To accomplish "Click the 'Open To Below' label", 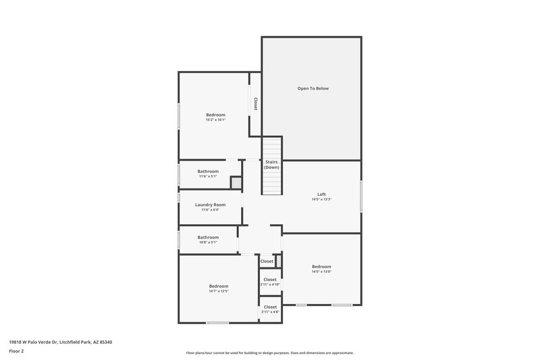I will [x=313, y=88].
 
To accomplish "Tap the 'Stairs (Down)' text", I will [x=271, y=164].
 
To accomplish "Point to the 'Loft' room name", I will [x=321, y=194].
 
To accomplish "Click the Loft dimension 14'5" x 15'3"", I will [x=321, y=199].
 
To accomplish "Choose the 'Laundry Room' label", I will [x=210, y=205].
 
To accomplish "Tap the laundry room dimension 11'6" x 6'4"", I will [x=210, y=210].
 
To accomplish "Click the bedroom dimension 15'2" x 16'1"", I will [x=215, y=120].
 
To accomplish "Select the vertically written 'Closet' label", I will [x=256, y=103].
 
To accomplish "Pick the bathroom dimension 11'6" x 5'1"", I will [x=208, y=177].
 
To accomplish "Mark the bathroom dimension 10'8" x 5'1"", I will [x=208, y=243].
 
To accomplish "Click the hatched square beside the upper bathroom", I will [x=236, y=182].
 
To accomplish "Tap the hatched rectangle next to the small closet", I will [x=277, y=261].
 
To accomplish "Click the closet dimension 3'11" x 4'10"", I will [x=270, y=284].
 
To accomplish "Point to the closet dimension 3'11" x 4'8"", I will [x=270, y=312].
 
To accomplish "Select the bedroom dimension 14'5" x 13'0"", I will [x=321, y=272].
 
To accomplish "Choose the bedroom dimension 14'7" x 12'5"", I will [x=219, y=292].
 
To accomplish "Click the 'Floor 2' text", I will [x=16, y=351].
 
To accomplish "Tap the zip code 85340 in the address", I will [x=105, y=342].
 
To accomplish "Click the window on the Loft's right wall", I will [x=361, y=197].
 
